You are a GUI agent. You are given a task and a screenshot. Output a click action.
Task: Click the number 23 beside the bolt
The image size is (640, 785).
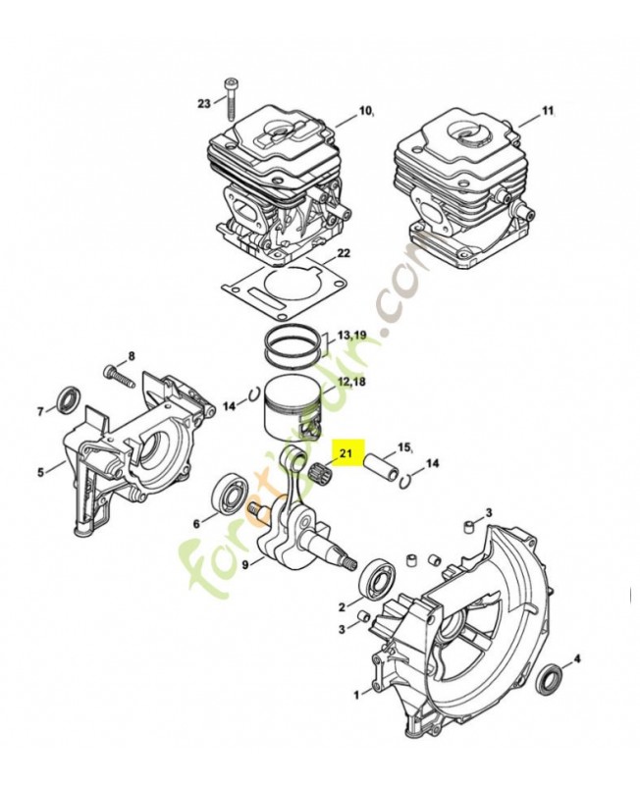coord(203,102)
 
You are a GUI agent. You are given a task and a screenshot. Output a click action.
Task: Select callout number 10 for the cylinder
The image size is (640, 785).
coord(365,113)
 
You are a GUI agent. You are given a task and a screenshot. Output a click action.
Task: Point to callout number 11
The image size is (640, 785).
coord(548,110)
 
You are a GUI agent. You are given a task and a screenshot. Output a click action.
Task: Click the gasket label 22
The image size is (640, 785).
coord(343,253)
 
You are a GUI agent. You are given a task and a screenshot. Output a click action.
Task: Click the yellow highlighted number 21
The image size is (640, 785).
coord(345,453)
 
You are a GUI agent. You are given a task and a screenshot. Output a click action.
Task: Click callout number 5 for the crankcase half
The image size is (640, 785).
coord(40,472)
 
